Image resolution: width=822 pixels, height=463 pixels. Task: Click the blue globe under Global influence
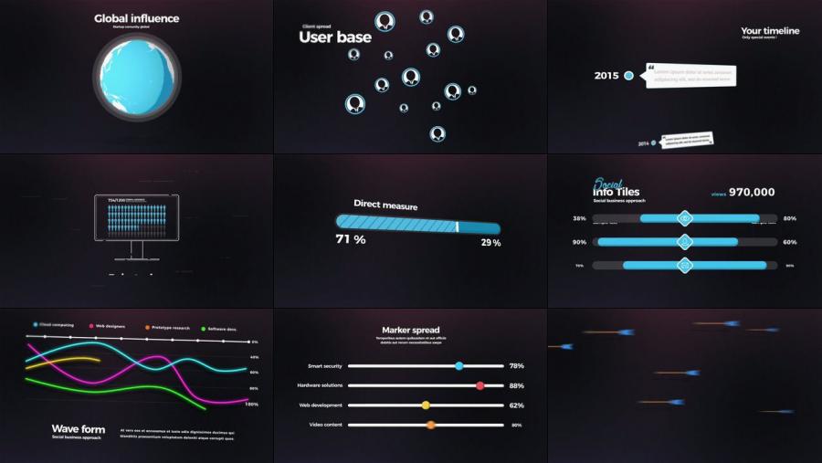point(136,77)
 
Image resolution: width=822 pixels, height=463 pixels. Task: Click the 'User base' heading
point(335,37)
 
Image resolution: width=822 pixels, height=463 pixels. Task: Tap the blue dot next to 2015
point(628,76)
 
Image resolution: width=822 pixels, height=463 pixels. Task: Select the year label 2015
point(606,76)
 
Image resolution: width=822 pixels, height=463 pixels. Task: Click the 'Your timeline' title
point(770,31)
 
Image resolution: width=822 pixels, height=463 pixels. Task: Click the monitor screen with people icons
point(136,219)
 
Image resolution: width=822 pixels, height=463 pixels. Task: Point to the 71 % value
point(351,239)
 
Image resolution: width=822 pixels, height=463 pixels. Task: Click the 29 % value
point(490,242)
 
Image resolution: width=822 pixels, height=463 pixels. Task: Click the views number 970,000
point(752,192)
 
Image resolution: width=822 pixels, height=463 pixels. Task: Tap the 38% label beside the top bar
point(579,219)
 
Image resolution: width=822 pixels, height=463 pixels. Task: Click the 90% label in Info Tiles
point(579,242)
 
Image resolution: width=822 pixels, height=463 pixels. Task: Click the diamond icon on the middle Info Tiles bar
point(684,242)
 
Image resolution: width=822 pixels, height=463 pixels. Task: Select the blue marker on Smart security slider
point(458,365)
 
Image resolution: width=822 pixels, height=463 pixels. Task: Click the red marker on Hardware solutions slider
point(479,385)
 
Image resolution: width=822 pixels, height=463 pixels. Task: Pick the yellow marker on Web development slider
point(426,405)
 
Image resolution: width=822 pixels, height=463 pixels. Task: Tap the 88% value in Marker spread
point(517,385)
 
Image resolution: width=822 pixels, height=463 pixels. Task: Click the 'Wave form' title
point(79,429)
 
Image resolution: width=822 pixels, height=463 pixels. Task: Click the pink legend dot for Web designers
point(92,325)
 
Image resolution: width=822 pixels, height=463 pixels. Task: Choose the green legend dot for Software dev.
point(203,327)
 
